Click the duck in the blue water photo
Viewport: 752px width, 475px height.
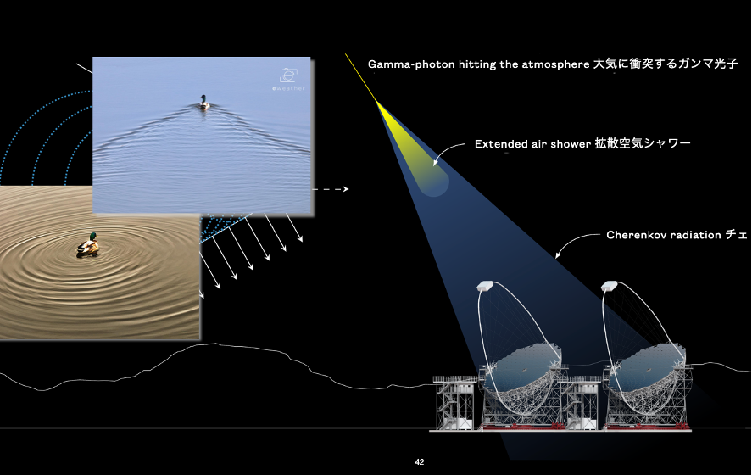coord(204,102)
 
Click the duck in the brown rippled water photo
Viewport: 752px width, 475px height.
coord(88,245)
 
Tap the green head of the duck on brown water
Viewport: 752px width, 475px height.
coord(93,236)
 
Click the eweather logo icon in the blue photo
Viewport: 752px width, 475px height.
coord(288,75)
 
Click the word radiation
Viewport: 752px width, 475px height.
coord(695,235)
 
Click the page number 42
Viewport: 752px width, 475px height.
coord(420,462)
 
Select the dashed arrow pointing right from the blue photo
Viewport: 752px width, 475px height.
coord(330,189)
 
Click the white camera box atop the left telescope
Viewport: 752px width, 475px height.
coord(485,286)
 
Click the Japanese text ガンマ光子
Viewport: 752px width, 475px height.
coord(707,64)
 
